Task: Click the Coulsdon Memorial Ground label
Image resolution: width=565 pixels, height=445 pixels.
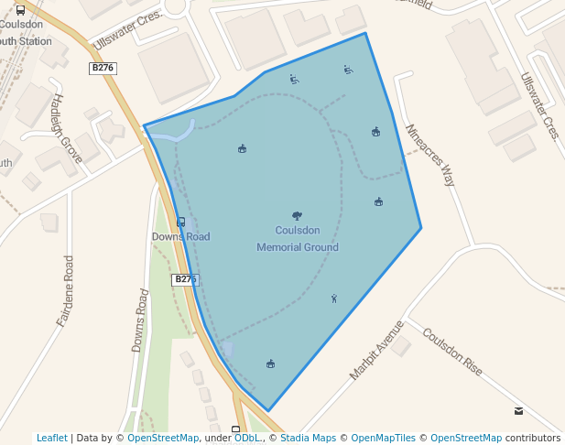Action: point(297,239)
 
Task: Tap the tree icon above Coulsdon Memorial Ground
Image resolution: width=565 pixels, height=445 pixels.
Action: point(297,215)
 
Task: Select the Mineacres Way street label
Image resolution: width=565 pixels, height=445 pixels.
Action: point(429,156)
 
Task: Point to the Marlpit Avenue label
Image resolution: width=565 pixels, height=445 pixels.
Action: point(376,351)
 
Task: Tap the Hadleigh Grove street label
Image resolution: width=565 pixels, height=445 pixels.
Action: point(67,128)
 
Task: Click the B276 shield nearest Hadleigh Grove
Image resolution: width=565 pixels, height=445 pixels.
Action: point(103,68)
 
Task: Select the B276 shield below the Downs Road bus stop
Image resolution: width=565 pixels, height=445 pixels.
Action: point(185,279)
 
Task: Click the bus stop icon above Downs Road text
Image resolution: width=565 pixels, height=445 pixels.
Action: point(180,222)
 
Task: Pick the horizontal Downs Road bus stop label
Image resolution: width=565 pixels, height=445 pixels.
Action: point(180,237)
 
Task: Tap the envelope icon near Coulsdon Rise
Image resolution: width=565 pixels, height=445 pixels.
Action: point(519,411)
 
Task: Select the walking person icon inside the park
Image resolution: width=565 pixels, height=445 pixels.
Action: point(334,298)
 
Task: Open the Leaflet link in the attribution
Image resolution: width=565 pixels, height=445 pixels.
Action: point(52,438)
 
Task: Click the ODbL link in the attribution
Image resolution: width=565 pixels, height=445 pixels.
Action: point(246,438)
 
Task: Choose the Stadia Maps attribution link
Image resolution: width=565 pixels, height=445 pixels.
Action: point(308,438)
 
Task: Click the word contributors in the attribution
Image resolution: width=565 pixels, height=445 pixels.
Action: point(533,438)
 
